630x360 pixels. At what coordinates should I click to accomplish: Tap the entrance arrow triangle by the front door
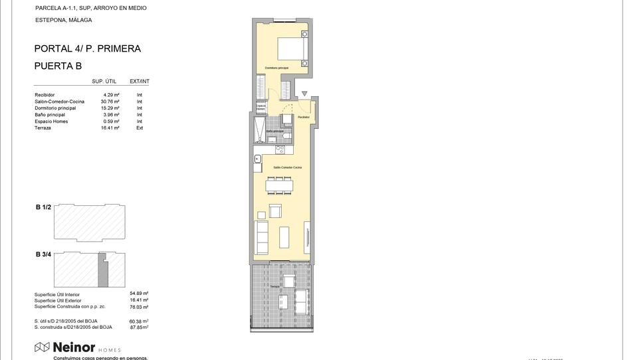[304, 94]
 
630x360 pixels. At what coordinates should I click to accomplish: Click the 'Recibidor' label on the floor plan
[304, 117]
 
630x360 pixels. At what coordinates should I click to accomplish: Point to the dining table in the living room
[278, 186]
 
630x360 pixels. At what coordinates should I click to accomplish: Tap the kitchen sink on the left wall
[258, 159]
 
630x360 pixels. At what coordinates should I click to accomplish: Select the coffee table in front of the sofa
[284, 236]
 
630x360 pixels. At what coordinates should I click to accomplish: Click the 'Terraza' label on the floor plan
[274, 286]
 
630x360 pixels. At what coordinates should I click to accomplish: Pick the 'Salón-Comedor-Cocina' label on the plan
[287, 167]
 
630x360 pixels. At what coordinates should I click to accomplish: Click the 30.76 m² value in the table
[111, 102]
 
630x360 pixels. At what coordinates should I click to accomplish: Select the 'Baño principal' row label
[50, 115]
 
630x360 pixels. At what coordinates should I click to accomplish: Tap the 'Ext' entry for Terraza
[140, 128]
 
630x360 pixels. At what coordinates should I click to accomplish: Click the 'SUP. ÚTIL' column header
[104, 81]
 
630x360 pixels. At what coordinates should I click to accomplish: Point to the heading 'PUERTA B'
[58, 66]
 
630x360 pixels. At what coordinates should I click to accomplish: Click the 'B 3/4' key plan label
[43, 254]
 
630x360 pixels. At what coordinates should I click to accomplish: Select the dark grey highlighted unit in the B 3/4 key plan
[102, 272]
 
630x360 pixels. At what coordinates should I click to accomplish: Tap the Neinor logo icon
[42, 347]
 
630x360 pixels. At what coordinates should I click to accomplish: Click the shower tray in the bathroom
[259, 130]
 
